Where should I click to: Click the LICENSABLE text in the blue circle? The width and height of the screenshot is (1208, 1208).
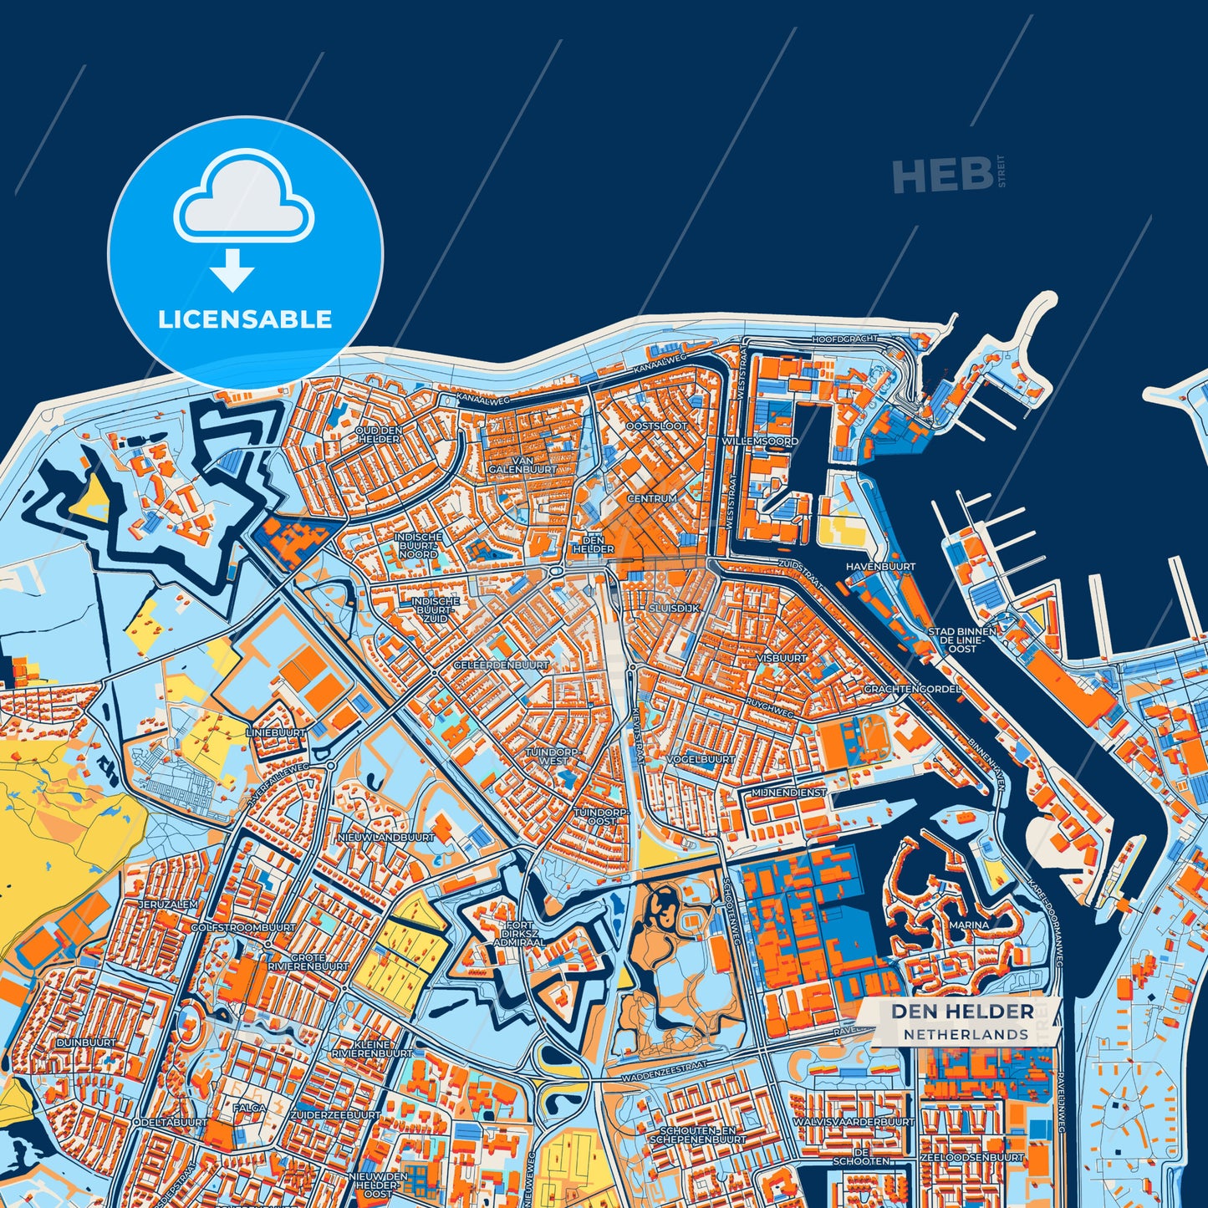(x=245, y=319)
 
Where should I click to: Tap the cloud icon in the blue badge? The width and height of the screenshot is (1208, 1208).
(x=243, y=196)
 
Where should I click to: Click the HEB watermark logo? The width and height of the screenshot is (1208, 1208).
(x=942, y=176)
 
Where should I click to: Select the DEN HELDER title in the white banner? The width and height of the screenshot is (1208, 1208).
(x=962, y=1012)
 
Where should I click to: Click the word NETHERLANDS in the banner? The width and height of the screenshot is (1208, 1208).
(x=966, y=1035)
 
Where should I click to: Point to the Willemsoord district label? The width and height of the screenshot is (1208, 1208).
(x=761, y=441)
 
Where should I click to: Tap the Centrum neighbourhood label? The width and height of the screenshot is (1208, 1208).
(x=652, y=498)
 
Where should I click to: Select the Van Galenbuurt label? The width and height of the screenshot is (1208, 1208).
(x=523, y=465)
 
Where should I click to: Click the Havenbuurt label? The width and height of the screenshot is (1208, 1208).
(x=880, y=566)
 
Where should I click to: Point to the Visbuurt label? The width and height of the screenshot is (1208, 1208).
(x=781, y=658)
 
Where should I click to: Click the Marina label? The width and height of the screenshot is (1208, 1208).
(x=969, y=925)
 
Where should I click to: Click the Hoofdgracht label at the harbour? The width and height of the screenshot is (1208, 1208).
(x=845, y=339)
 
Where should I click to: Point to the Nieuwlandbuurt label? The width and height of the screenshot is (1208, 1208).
(x=386, y=837)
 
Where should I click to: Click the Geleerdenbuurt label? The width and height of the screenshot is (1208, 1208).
(x=501, y=665)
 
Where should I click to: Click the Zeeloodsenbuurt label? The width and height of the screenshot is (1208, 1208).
(x=971, y=1158)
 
